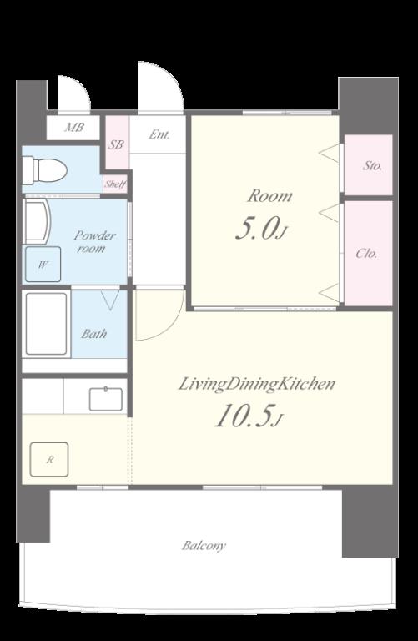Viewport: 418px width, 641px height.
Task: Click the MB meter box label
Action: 74,128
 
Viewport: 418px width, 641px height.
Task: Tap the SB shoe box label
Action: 117,144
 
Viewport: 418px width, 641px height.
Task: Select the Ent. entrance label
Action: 159,134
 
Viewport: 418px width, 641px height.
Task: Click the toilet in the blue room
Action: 44,169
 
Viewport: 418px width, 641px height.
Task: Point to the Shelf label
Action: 115,184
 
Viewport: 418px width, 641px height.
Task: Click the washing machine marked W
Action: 43,265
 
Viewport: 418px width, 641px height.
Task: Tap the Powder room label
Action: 95,241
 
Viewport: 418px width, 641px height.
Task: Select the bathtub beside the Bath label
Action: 46,324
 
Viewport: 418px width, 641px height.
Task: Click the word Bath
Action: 94,334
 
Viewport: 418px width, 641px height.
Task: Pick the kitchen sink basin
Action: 106,399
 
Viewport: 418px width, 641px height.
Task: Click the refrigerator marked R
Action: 49,460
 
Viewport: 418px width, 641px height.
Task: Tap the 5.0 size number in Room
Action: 257,230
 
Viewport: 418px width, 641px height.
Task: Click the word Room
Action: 269,196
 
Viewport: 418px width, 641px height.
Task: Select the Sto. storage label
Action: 373,166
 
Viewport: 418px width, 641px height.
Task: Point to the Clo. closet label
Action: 366,254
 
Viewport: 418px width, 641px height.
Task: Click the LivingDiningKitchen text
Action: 257,385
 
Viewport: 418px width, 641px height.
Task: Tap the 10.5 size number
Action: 244,416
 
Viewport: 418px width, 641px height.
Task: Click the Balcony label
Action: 204,546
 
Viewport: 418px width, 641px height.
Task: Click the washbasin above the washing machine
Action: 38,221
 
